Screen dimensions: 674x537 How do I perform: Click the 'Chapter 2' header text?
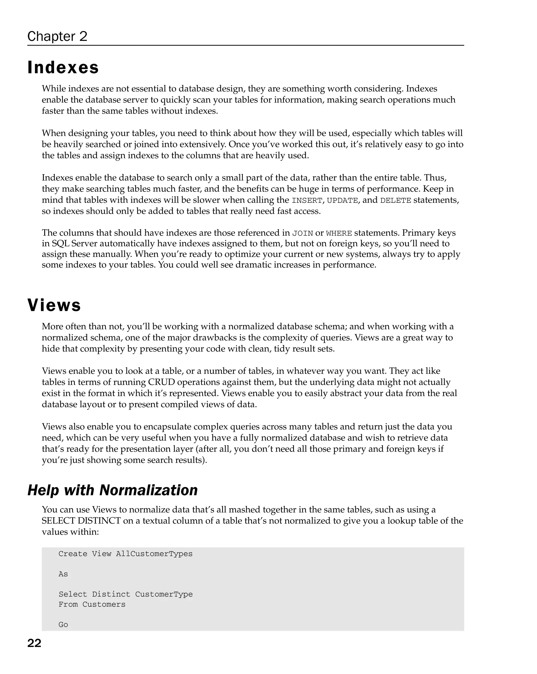(57, 36)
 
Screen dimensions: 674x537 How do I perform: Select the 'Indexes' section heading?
(63, 67)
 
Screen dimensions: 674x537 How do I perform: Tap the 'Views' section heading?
(54, 305)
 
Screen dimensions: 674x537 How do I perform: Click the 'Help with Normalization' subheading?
(112, 490)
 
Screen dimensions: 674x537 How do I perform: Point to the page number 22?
(34, 643)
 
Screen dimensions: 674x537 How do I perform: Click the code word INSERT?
(307, 200)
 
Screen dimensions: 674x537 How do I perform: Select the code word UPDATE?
(342, 200)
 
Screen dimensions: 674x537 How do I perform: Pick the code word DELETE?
(395, 200)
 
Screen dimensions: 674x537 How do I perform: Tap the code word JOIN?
(302, 233)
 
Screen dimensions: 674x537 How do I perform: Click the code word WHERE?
(339, 233)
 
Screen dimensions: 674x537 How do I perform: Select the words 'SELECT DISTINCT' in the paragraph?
(81, 521)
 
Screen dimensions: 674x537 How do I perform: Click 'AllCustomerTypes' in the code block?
(154, 554)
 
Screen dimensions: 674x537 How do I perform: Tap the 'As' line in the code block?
(63, 574)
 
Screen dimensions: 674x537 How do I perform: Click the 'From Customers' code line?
(92, 604)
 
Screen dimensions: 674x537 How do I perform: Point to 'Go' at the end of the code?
(63, 625)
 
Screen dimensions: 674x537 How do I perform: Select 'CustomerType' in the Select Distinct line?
(164, 594)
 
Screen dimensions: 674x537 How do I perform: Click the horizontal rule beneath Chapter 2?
(245, 46)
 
